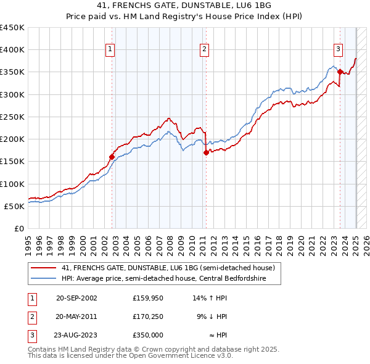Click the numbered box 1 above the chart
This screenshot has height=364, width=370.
click(x=110, y=50)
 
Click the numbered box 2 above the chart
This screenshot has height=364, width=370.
click(x=204, y=50)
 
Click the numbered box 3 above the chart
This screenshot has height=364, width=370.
click(x=339, y=50)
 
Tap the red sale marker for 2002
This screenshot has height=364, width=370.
click(x=112, y=157)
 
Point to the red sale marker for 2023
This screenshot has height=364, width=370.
click(x=340, y=72)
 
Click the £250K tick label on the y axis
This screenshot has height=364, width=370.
click(x=12, y=117)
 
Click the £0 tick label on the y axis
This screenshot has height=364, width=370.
click(x=19, y=228)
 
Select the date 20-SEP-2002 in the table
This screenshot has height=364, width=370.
click(x=76, y=298)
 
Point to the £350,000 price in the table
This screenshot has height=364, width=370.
click(x=147, y=335)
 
